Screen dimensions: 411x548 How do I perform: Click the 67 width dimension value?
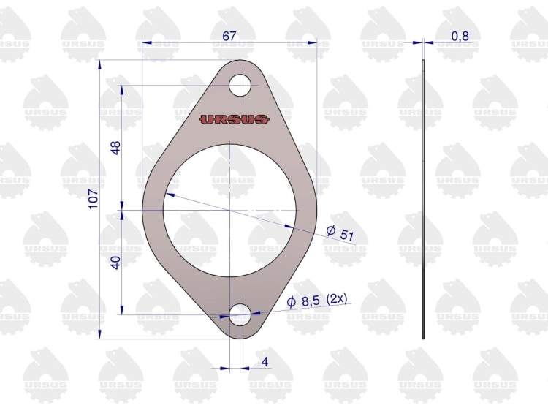[x=228, y=35]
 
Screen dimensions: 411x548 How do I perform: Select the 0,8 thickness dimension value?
[x=460, y=35]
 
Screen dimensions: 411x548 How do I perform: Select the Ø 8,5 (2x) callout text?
[x=317, y=299]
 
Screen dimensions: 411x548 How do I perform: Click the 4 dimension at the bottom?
[x=265, y=361]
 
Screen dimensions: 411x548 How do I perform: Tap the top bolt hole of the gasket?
[x=240, y=86]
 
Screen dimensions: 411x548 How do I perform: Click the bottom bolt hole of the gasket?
[x=240, y=316]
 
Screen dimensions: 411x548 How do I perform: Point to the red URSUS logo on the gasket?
[x=234, y=119]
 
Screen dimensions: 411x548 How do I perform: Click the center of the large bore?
[x=231, y=211]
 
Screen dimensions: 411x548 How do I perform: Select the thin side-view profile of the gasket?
[x=423, y=197]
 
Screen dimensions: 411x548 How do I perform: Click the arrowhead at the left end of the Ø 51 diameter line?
[x=167, y=195]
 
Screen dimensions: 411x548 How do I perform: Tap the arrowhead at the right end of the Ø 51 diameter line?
[x=294, y=227]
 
